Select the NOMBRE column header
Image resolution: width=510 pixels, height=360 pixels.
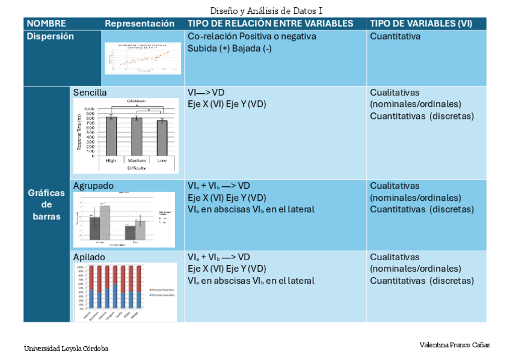click(x=46, y=23)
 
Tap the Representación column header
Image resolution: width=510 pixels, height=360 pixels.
click(x=140, y=23)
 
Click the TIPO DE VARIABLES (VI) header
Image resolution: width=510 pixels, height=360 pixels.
click(x=420, y=23)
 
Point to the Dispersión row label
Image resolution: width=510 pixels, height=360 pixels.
click(x=50, y=36)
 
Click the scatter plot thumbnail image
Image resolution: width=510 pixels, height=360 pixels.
click(x=143, y=58)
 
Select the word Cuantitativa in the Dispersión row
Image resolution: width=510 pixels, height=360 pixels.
click(x=395, y=36)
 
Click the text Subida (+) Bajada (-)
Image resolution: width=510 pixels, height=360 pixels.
click(x=230, y=48)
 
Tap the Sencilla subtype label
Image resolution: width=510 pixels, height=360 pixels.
click(x=90, y=93)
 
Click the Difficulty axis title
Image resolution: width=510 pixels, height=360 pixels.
click(x=136, y=168)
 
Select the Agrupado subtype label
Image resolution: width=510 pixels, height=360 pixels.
click(x=93, y=186)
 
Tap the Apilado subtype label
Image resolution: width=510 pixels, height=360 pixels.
click(x=89, y=257)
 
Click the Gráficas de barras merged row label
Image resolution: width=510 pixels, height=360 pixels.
click(x=46, y=204)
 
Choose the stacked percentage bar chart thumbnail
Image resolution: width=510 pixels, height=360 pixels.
click(x=126, y=291)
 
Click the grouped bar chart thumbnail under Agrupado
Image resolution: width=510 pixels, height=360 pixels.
click(x=124, y=219)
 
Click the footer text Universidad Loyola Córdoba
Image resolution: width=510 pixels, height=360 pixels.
click(x=66, y=349)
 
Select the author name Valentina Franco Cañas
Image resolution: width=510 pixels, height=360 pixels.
click(x=454, y=345)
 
